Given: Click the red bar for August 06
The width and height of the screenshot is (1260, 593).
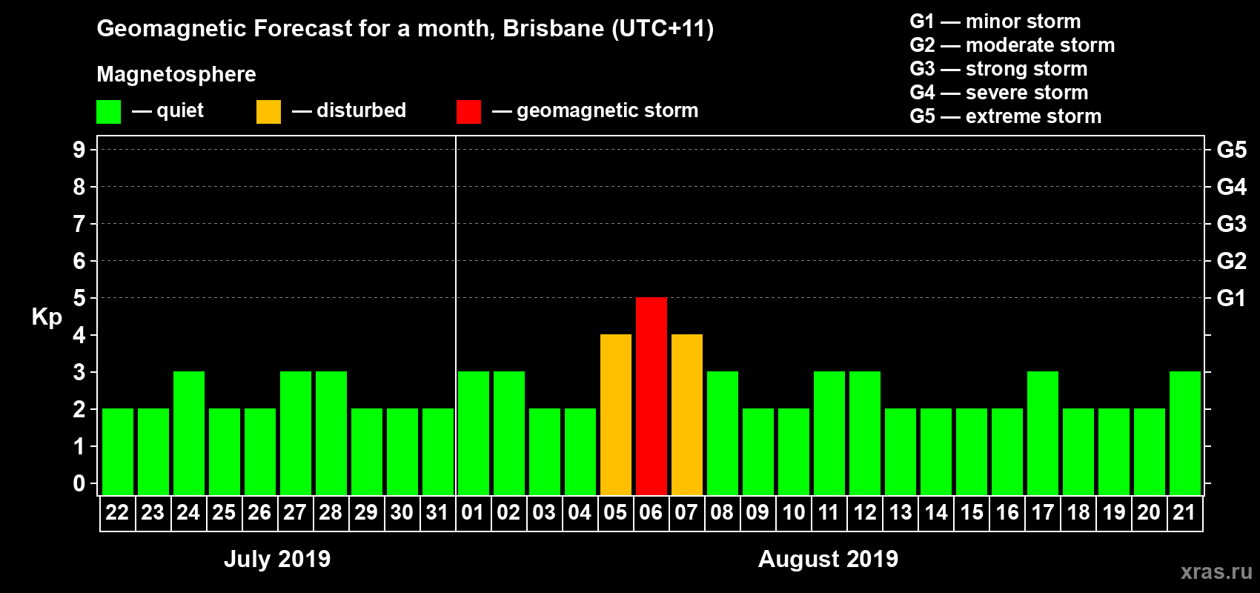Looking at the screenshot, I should pyautogui.click(x=651, y=396).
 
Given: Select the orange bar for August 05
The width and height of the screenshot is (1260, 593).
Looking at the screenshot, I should pyautogui.click(x=616, y=414).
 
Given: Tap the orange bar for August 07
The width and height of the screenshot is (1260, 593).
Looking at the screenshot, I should pyautogui.click(x=687, y=414).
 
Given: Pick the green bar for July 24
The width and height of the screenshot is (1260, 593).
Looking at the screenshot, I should pyautogui.click(x=189, y=433).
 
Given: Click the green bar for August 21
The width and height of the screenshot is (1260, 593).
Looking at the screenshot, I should pyautogui.click(x=1185, y=433).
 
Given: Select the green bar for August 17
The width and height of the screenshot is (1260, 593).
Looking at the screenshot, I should pyautogui.click(x=1043, y=433).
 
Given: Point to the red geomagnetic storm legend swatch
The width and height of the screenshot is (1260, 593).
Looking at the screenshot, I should pyautogui.click(x=468, y=112).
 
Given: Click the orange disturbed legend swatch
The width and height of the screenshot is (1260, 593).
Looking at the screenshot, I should pyautogui.click(x=268, y=112).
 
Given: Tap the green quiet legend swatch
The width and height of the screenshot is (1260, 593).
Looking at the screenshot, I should pyautogui.click(x=108, y=112).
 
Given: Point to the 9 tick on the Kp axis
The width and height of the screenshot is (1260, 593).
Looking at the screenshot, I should pyautogui.click(x=79, y=150).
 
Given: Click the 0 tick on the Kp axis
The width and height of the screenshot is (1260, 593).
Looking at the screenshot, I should pyautogui.click(x=79, y=483).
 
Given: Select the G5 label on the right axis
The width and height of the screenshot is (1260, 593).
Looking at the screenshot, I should pyautogui.click(x=1231, y=150).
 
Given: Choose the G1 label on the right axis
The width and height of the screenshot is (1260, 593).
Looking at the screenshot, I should pyautogui.click(x=1231, y=298).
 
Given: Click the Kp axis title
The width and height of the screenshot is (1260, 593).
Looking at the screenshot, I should pyautogui.click(x=47, y=317).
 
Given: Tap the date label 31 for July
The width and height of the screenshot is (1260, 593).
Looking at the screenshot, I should pyautogui.click(x=437, y=512).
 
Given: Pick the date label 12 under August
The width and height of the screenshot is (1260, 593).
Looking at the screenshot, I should pyautogui.click(x=865, y=512).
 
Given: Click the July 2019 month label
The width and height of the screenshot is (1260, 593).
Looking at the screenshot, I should pyautogui.click(x=277, y=559).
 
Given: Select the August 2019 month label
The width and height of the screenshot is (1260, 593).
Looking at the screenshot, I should pyautogui.click(x=828, y=559).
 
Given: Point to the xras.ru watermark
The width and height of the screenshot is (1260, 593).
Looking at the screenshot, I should pyautogui.click(x=1216, y=572).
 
